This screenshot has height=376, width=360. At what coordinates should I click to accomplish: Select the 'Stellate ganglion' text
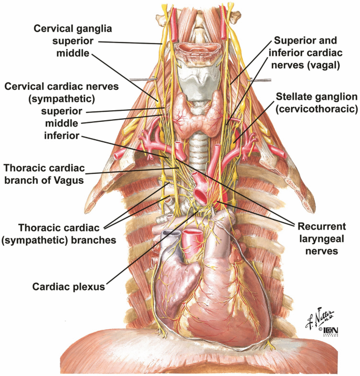coord(317,97)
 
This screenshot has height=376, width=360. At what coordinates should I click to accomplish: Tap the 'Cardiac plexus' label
coord(68,287)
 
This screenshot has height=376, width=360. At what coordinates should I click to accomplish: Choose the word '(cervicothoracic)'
coord(317,109)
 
